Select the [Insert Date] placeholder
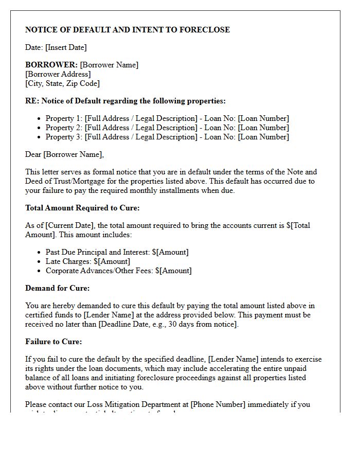click(66, 47)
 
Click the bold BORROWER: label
click(51, 65)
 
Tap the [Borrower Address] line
click(58, 74)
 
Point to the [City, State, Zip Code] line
click(62, 83)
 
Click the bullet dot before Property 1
click(40, 119)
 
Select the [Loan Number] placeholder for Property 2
click(263, 128)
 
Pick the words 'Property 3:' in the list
click(64, 137)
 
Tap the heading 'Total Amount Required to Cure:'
click(82, 208)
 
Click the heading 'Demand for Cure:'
click(57, 288)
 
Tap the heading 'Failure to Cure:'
click(53, 342)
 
